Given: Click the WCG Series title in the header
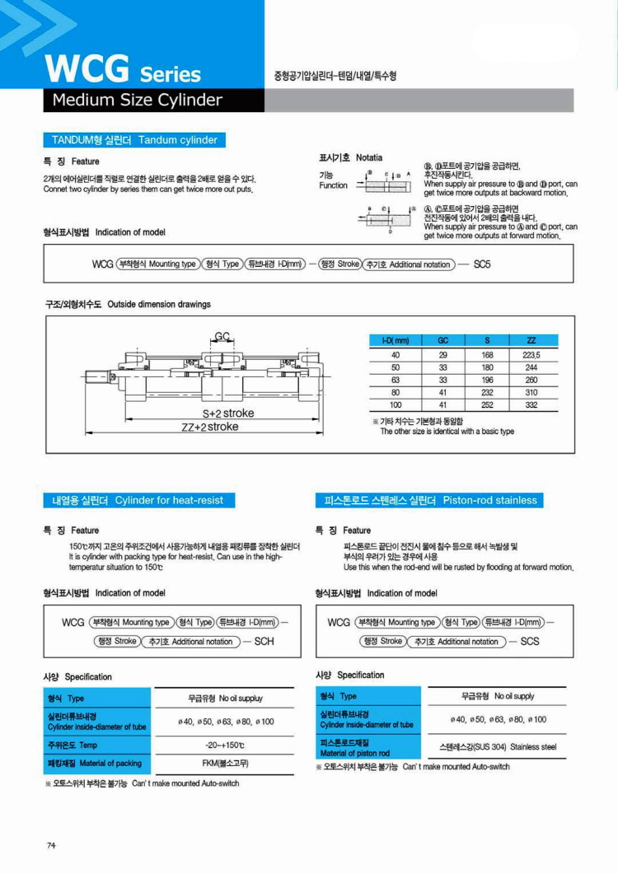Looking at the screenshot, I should click(x=124, y=69).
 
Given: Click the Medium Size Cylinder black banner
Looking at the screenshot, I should click(x=137, y=100).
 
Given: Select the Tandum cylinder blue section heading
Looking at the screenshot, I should click(x=135, y=140).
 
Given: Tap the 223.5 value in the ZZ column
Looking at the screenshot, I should click(x=531, y=354).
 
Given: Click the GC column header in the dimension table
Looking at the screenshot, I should click(x=442, y=340).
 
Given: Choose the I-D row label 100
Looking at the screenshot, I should click(x=396, y=406).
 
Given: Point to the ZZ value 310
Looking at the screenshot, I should click(x=531, y=394).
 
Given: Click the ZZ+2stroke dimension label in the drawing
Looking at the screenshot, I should click(x=210, y=427).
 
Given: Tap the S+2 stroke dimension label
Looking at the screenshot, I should click(x=228, y=413).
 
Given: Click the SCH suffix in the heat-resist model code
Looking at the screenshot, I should click(x=265, y=641).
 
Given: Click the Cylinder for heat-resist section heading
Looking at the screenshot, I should click(x=138, y=500).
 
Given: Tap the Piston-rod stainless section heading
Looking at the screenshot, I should click(x=430, y=500).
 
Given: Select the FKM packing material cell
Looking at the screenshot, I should click(x=225, y=764).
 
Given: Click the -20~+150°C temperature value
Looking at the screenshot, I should click(x=225, y=745).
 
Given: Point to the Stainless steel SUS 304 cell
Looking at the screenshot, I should click(x=498, y=747).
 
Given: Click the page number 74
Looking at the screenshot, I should click(x=51, y=845).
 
